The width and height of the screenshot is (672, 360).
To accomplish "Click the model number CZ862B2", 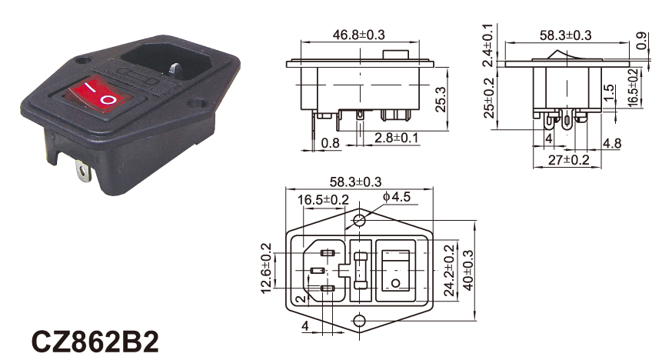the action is [95, 342].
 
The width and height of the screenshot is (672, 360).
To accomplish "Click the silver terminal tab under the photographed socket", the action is [83, 170].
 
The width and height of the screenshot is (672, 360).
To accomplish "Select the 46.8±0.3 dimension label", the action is [359, 35].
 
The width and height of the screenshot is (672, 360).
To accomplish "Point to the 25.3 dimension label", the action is [441, 99].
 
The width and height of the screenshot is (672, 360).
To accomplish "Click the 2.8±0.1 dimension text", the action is [396, 138].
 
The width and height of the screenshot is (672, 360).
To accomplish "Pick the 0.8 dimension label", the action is [331, 143].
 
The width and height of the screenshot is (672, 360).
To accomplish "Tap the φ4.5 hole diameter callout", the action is [397, 197].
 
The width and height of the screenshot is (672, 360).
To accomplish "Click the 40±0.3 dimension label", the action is [468, 271].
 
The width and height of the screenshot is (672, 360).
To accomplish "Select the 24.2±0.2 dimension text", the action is [448, 271].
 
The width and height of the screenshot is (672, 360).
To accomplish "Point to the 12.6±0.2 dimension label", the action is [266, 268].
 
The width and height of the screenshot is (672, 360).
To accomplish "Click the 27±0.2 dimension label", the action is [569, 160].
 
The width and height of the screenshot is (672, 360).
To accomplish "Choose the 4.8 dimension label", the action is [612, 143].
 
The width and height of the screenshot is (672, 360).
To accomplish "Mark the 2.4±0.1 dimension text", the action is [488, 45].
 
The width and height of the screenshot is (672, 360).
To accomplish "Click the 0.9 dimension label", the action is [641, 41].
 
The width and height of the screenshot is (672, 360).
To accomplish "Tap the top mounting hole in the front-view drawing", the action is [360, 221].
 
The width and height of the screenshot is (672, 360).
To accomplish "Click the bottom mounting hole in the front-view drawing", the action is [360, 320].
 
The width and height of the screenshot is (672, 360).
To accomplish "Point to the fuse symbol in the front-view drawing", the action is [361, 271].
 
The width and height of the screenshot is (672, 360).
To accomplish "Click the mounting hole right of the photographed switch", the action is [197, 103].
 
